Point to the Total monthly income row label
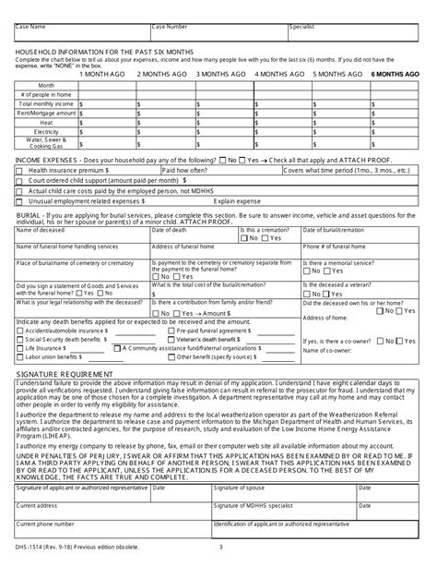[x=46, y=104]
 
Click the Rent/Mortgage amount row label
[x=46, y=114]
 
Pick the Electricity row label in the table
[x=46, y=132]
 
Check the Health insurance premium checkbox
[x=21, y=171]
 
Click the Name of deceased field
[x=80, y=236]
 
